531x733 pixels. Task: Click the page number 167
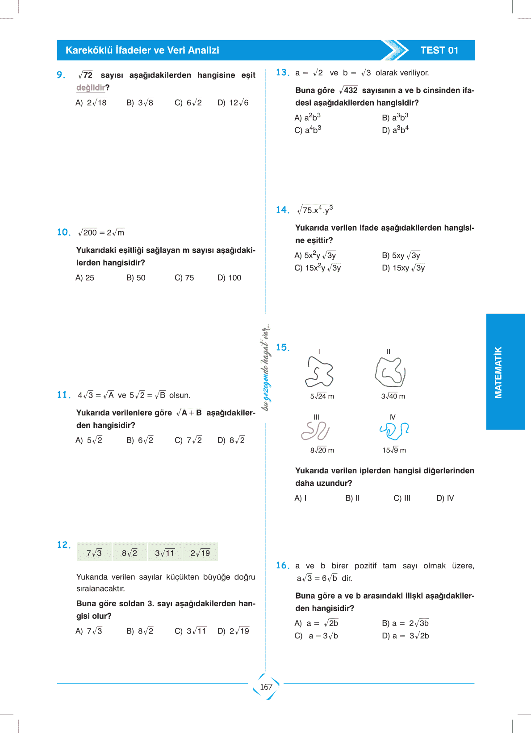(266, 687)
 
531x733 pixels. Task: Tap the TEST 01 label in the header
(439, 50)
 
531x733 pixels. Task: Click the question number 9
(61, 75)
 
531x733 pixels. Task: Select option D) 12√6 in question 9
(233, 103)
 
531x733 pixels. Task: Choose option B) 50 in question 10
(136, 278)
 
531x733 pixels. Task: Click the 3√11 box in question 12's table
(165, 553)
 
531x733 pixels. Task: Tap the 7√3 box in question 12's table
(94, 553)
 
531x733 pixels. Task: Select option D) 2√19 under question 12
(233, 631)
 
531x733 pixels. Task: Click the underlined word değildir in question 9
(91, 88)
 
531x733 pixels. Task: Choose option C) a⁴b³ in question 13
(308, 130)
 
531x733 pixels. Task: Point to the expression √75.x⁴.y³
(315, 210)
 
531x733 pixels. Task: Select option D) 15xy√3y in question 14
(403, 268)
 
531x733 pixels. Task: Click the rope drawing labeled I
(319, 372)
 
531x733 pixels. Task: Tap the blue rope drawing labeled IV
(394, 431)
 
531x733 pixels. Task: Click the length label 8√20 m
(322, 450)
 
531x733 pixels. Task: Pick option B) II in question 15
(352, 498)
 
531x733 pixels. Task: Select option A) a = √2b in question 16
(316, 623)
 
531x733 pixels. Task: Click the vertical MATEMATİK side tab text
(498, 372)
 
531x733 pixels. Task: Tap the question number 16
(282, 566)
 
